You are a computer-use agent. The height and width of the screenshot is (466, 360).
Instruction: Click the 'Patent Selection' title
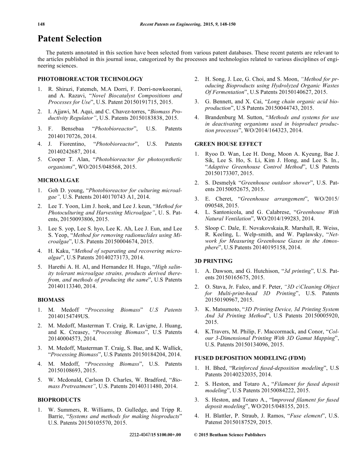(69, 39)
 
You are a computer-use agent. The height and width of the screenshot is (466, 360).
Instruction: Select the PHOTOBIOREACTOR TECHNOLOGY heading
(90, 79)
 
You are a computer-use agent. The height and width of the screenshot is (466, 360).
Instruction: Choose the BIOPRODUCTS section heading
(59, 399)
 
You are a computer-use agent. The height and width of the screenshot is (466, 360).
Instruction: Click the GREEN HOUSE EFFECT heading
(228, 144)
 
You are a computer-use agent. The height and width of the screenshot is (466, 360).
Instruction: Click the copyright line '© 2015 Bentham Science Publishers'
(230, 435)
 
